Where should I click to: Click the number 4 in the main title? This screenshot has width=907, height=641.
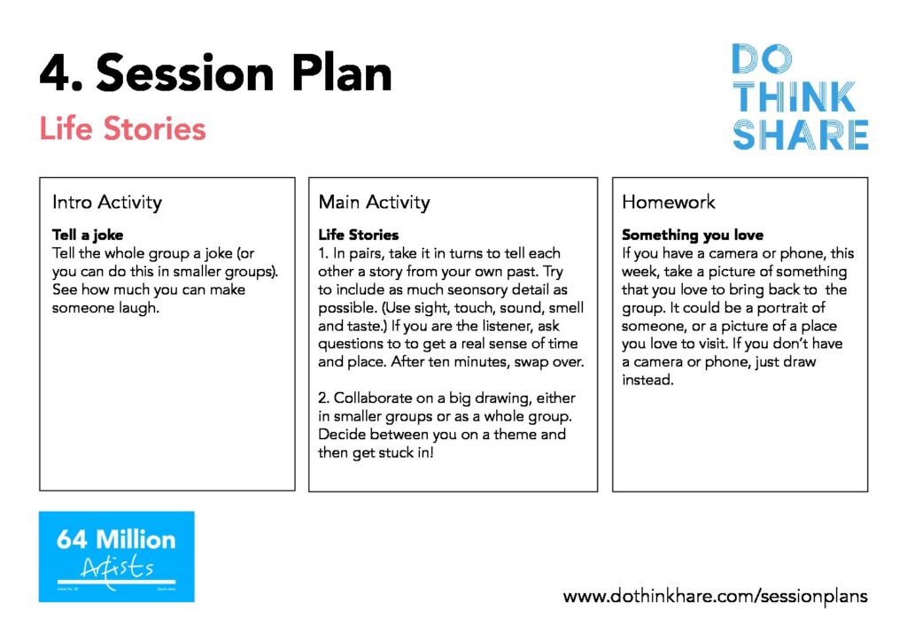(x=56, y=73)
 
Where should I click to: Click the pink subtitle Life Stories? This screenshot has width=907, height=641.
(x=122, y=128)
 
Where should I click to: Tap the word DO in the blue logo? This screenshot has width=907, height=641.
(x=762, y=58)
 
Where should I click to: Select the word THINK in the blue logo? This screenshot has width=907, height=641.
(x=794, y=97)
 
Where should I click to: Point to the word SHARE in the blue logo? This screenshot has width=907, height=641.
(x=800, y=135)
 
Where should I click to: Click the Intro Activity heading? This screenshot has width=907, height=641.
(x=107, y=202)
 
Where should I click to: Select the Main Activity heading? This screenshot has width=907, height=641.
(x=375, y=202)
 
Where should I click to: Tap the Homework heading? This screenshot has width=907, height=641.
(x=668, y=202)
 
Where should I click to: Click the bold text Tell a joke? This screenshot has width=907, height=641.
(x=88, y=235)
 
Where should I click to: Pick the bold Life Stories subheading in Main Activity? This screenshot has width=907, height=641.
(x=359, y=235)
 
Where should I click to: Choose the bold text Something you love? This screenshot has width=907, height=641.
(x=693, y=235)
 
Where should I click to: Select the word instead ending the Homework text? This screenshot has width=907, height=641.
(x=647, y=380)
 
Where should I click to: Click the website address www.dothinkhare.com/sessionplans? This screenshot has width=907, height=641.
(x=715, y=596)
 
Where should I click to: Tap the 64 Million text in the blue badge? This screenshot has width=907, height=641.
(x=116, y=539)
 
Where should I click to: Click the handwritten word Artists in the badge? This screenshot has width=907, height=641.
(x=118, y=568)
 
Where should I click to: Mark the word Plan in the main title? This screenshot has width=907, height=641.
(x=342, y=73)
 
